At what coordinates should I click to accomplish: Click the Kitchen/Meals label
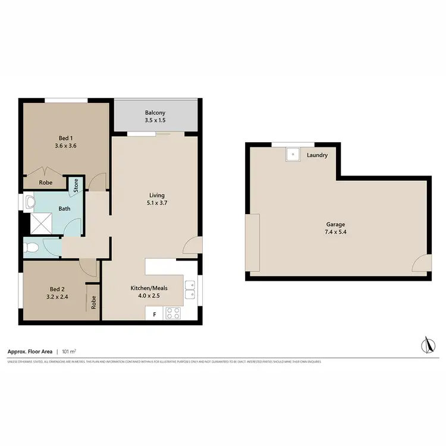click(x=149, y=288)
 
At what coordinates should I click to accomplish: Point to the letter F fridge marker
click(x=155, y=314)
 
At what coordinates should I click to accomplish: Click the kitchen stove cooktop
click(x=173, y=313)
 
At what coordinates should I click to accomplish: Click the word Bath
click(x=64, y=209)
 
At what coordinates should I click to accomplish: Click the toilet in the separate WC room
click(x=31, y=247)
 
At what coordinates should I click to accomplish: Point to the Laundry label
click(x=317, y=156)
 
